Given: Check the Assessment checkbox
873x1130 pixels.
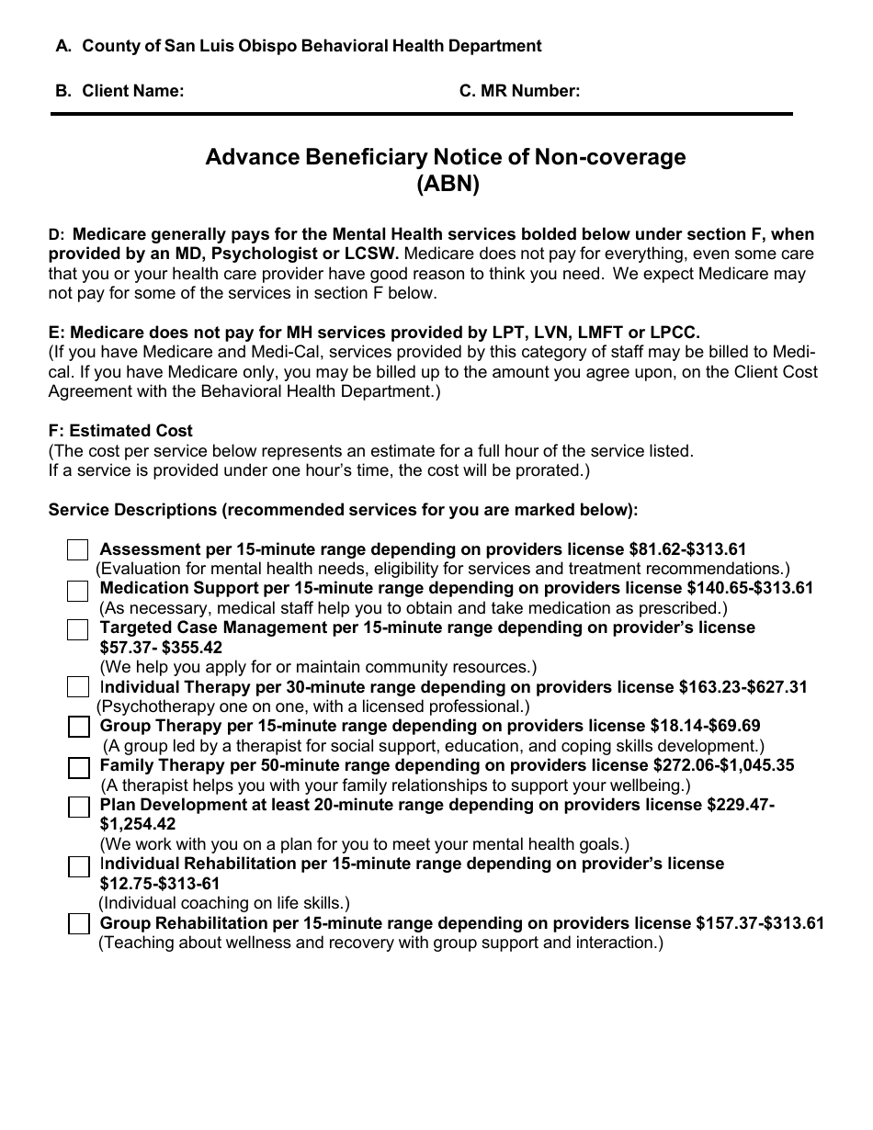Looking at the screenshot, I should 77,550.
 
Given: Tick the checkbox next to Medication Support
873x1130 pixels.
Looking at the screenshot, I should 77,591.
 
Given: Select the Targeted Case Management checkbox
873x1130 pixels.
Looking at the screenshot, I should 77,630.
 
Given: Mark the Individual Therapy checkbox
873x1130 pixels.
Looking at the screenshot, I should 77,687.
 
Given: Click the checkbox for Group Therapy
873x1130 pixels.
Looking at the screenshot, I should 79,727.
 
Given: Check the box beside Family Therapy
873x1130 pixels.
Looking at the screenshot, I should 79,767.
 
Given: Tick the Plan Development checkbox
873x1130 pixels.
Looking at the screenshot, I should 79,807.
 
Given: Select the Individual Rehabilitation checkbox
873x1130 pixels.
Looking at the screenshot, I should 79,866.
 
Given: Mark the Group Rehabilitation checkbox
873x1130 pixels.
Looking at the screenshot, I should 79,924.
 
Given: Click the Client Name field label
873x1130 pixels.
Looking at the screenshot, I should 132,90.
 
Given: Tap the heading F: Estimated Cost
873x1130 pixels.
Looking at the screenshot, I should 120,431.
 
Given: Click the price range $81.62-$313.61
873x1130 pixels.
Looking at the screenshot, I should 687,549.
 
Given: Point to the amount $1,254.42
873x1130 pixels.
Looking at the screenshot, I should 137,824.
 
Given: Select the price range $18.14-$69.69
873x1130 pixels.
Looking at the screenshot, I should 705,726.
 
